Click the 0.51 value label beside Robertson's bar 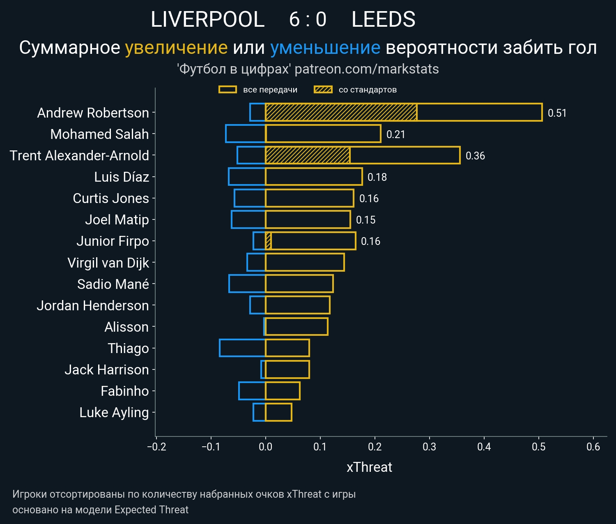pos(557,113)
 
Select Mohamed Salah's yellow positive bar pos(323,134)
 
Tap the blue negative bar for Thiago pos(242,348)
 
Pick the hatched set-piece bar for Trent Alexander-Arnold pos(308,155)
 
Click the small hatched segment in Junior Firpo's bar pos(268,241)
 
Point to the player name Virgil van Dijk pos(108,263)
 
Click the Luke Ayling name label pos(114,412)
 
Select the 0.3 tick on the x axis pos(429,447)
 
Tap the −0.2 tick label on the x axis pos(156,447)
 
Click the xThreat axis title pos(369,467)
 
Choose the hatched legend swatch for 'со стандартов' pos(323,90)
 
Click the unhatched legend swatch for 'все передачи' pos(228,90)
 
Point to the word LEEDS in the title pos(383,19)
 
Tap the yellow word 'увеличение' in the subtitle pos(176,48)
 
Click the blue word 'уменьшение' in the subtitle pos(325,48)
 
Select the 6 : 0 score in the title pos(308,19)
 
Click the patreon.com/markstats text pos(367,69)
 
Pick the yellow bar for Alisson pos(297,326)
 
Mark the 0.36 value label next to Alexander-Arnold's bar pos(475,156)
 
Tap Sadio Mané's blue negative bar pos(247,284)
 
